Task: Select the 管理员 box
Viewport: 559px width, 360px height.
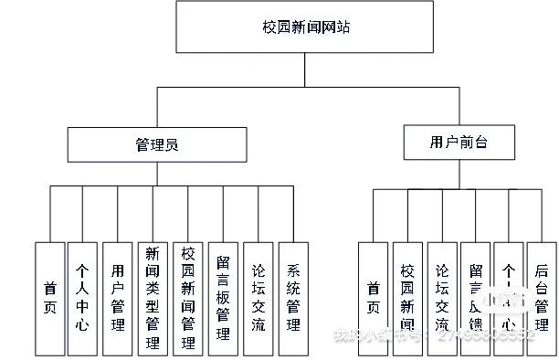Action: (x=157, y=144)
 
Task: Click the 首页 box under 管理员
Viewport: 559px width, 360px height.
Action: (x=50, y=298)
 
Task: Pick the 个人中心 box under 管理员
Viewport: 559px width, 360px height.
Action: (x=83, y=298)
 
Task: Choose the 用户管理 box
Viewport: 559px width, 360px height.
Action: (x=117, y=298)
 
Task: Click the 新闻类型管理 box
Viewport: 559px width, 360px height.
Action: (x=152, y=298)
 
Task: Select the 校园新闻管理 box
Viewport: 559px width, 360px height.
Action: (x=187, y=298)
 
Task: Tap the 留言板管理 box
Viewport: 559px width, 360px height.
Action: (x=223, y=298)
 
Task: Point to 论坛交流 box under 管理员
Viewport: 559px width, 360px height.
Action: (x=258, y=298)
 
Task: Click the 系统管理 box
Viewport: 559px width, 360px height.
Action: (x=293, y=298)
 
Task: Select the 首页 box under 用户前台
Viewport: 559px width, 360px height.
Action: (x=373, y=298)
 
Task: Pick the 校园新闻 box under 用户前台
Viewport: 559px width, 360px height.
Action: (x=407, y=298)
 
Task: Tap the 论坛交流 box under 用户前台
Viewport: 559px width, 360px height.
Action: (x=442, y=298)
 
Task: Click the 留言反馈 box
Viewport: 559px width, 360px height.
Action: (x=475, y=298)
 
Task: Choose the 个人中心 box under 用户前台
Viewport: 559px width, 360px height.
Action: (x=509, y=298)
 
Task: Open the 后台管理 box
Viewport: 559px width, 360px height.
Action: (x=542, y=298)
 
